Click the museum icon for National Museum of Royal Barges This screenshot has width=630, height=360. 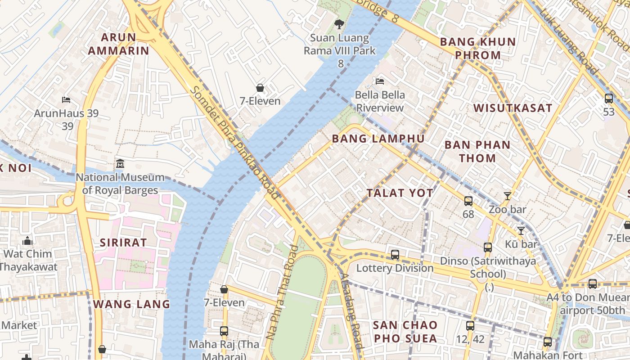pos(120,163)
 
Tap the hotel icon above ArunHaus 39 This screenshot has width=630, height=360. pos(66,99)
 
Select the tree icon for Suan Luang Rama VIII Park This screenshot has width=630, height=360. pos(339,24)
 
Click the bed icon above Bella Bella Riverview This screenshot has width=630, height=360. pos(380,81)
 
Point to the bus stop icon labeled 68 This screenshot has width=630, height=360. pos(468,201)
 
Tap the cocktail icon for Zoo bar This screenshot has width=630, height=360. pos(508,196)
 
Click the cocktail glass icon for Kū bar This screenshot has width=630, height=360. pos(521,230)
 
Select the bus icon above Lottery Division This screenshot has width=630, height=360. pos(395,255)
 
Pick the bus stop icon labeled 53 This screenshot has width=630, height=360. pos(609,98)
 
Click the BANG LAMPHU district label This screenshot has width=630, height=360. pos(378,139)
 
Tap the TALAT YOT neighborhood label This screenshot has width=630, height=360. pos(400,193)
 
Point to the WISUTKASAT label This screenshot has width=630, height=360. pos(513,108)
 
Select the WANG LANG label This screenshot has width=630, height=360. pos(132,304)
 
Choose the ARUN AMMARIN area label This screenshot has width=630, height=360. pos(118,44)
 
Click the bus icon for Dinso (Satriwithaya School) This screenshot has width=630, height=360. pos(488,247)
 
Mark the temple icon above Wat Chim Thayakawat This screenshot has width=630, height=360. pos(27,241)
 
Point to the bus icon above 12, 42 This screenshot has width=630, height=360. pos(470,325)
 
